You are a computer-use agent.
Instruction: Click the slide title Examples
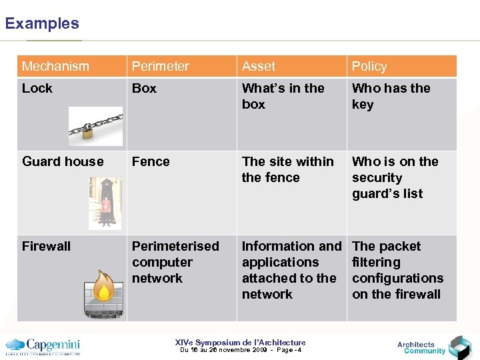coord(42,23)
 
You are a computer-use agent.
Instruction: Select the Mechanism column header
coord(55,66)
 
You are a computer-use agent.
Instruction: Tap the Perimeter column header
coord(161,66)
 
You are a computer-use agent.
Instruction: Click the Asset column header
coord(259,66)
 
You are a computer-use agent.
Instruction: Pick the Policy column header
coord(369,66)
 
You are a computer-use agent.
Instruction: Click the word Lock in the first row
coord(37,88)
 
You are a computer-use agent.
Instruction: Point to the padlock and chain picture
coord(96,125)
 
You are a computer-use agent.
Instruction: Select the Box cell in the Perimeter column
coord(144,88)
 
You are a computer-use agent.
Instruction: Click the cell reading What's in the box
coord(283,96)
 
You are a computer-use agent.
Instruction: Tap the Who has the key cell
coord(391,96)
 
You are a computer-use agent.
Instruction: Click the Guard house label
coord(63,161)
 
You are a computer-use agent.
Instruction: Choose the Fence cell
coord(151,161)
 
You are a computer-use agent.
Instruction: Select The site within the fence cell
coord(288,169)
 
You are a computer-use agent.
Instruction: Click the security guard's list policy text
coord(395,177)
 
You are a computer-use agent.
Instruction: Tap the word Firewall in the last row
coord(46,246)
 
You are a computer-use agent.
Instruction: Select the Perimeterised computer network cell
coord(175,262)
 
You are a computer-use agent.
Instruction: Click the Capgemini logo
coord(43,346)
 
